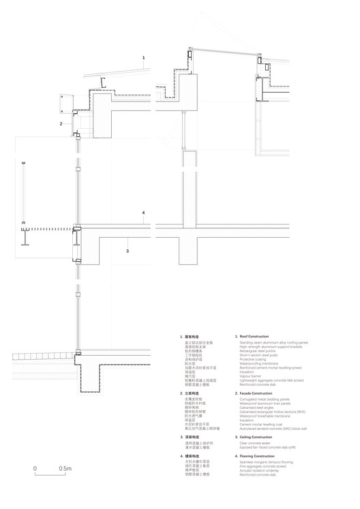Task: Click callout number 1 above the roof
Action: tap(143, 59)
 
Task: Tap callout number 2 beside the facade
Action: tap(61, 124)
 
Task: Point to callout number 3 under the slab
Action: tap(127, 251)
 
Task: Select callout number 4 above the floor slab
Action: tap(143, 213)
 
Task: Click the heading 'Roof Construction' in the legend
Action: tap(253, 337)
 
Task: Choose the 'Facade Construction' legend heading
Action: tap(255, 394)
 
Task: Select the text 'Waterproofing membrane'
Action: tap(258, 363)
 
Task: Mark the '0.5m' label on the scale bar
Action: tap(65, 469)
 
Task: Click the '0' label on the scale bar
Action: tap(35, 469)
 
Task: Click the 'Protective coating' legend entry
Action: tap(253, 358)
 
